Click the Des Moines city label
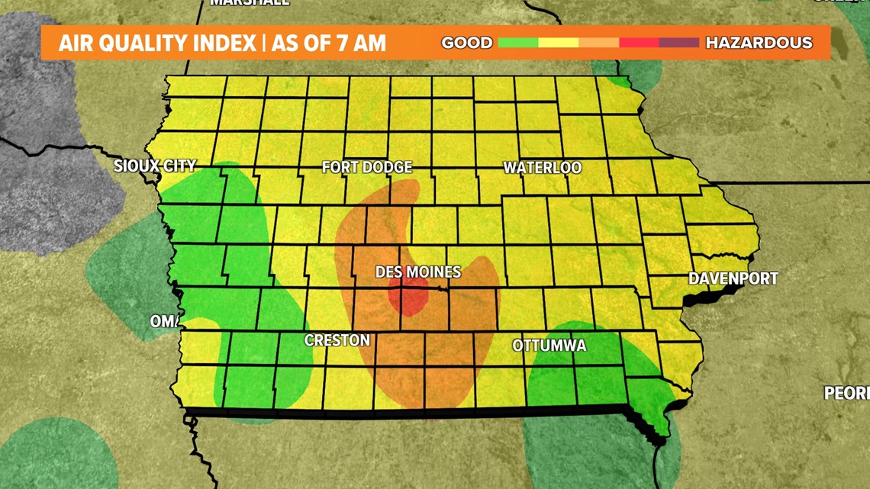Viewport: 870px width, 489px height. click(x=417, y=272)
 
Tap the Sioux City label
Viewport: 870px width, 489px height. click(x=155, y=166)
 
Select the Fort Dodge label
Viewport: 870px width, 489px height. click(x=366, y=167)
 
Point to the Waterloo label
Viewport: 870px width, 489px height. click(x=543, y=168)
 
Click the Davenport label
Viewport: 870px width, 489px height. click(x=733, y=278)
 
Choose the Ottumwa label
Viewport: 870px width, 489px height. click(x=549, y=346)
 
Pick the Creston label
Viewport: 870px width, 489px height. click(x=337, y=340)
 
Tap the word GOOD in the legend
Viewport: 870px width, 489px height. click(x=466, y=43)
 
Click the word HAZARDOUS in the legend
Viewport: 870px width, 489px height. click(x=758, y=43)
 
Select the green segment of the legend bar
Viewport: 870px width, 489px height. click(x=518, y=43)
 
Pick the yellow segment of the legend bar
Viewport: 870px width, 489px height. click(x=558, y=43)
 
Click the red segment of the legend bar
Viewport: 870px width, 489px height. click(x=639, y=43)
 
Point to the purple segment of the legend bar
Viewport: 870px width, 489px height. click(x=678, y=43)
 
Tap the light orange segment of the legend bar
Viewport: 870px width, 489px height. click(x=598, y=43)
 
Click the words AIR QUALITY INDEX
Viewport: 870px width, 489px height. click(x=157, y=43)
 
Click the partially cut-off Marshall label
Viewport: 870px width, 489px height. click(x=250, y=3)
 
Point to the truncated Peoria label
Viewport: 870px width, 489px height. click(x=847, y=393)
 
